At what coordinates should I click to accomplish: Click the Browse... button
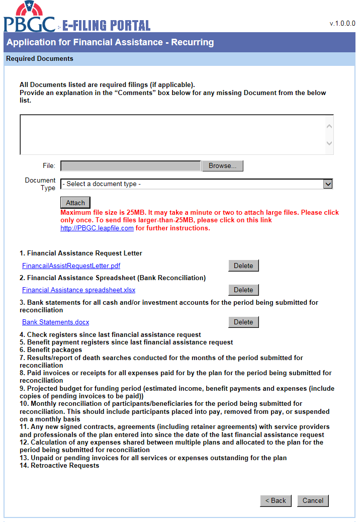(222, 166)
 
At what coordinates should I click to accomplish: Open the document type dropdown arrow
(328, 184)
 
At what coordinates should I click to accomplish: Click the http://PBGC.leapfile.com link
(97, 228)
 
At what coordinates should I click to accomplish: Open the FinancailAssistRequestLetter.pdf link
(71, 266)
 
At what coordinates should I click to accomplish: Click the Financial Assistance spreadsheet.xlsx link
(78, 290)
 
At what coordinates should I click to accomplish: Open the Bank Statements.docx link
(55, 322)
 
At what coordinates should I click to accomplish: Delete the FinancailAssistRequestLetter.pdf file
(243, 266)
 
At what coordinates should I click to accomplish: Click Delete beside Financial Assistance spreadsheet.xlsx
(243, 290)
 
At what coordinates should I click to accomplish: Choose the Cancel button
(313, 500)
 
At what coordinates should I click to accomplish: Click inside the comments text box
(171, 134)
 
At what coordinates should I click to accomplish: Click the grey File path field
(131, 166)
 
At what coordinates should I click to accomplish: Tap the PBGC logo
(29, 18)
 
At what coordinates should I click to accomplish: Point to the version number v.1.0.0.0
(342, 23)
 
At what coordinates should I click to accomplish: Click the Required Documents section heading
(40, 59)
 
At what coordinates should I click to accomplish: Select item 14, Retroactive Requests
(59, 466)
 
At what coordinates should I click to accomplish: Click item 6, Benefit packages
(51, 350)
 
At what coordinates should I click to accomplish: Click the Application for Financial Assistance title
(110, 42)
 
